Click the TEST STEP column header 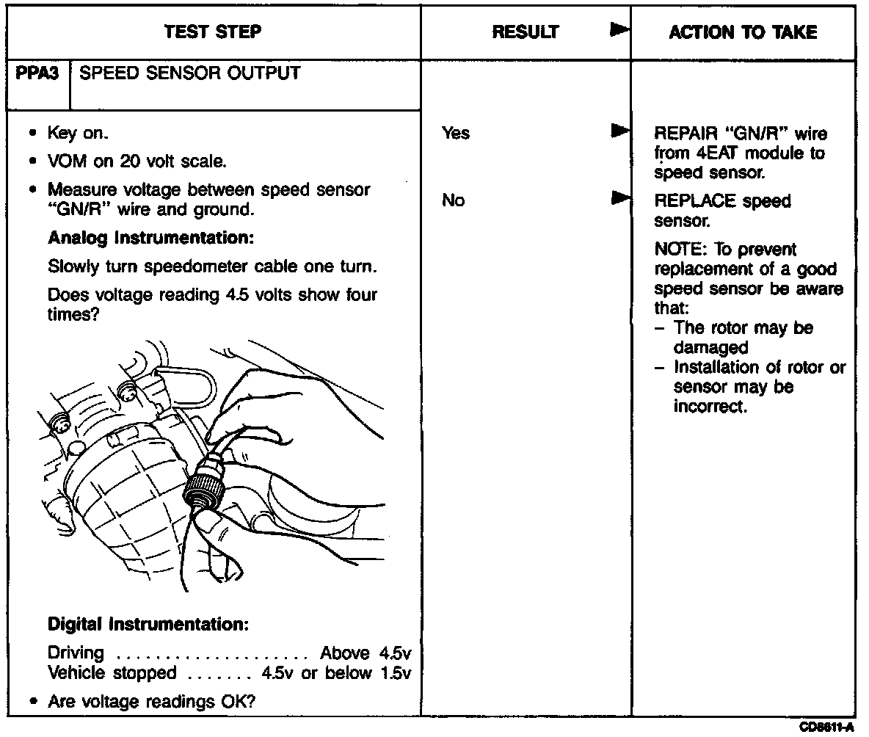coord(213,32)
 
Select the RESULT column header coord(525,32)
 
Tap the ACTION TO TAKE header coord(743,32)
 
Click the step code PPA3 coord(37,74)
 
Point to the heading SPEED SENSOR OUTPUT coord(189,74)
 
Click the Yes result coord(456,134)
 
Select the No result coord(454,200)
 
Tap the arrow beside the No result coord(620,198)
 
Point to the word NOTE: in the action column coord(677,250)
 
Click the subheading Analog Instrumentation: coord(141,239)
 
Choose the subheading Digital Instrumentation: coord(148,625)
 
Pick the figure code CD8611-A coord(827,727)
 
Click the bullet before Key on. coord(34,134)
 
